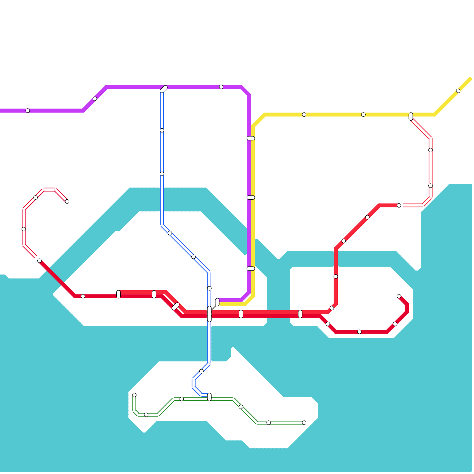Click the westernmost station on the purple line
[28, 111]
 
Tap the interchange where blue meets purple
[164, 89]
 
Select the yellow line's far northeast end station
[458, 91]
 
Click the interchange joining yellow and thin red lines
[411, 116]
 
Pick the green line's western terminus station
[134, 395]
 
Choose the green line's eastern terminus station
[304, 422]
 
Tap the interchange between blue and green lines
[209, 397]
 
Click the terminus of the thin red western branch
[67, 201]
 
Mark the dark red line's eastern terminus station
[399, 296]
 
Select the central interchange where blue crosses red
[209, 314]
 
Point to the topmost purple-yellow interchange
[251, 138]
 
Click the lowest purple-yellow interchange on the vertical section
[251, 268]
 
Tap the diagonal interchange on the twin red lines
[176, 306]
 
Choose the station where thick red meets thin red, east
[399, 205]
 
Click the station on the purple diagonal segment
[95, 99]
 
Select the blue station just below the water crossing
[201, 371]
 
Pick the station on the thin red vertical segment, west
[24, 229]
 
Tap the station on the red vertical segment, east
[336, 276]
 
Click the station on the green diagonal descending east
[241, 407]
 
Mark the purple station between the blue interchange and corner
[221, 87]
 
